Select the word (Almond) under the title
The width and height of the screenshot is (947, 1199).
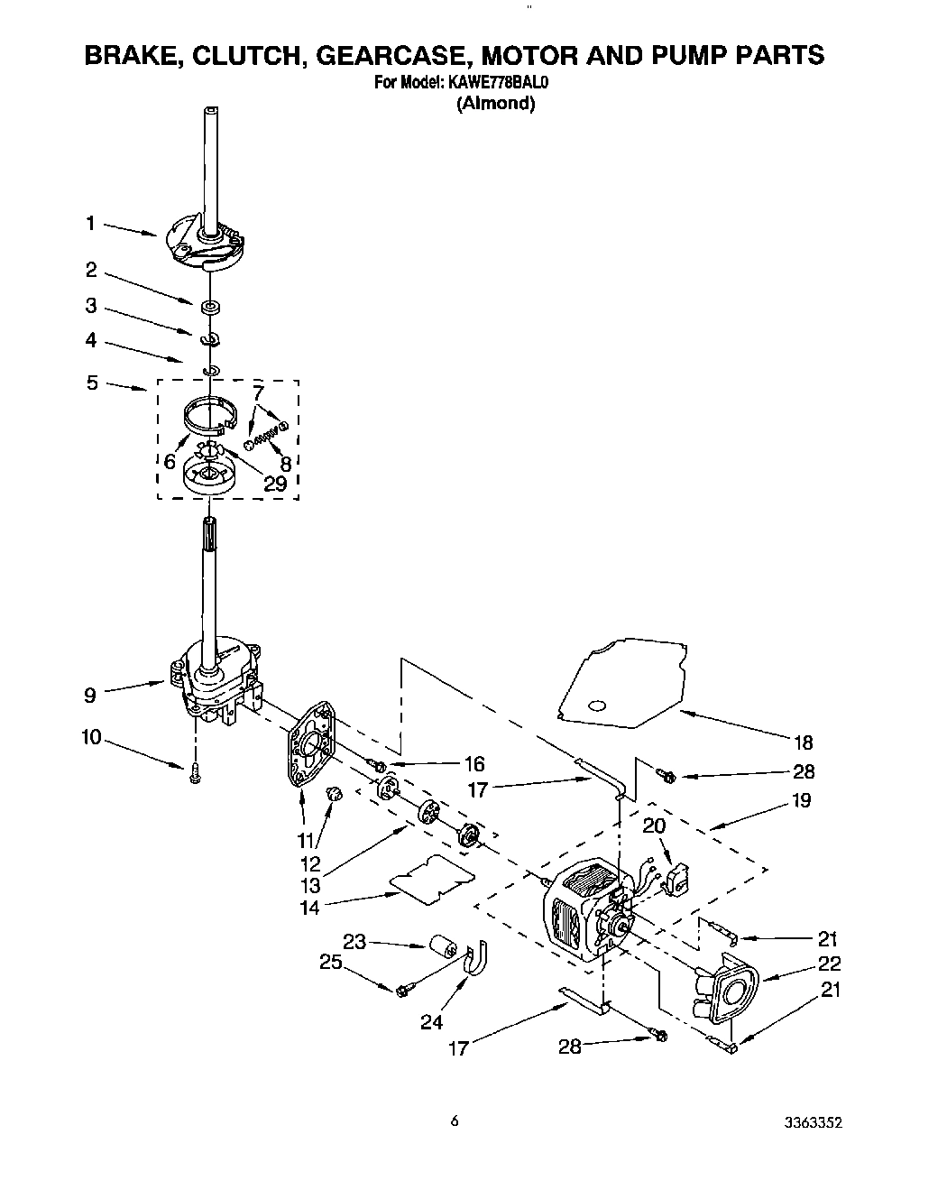click(495, 104)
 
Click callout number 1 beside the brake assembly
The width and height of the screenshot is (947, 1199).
click(90, 223)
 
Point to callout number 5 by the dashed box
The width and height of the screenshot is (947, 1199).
click(92, 383)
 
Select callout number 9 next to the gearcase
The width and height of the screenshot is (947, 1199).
click(89, 695)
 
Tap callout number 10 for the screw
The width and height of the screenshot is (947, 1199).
click(90, 738)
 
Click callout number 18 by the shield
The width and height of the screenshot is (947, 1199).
click(802, 742)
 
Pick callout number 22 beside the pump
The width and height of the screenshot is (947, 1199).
click(829, 964)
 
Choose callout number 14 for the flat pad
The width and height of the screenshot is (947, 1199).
click(309, 908)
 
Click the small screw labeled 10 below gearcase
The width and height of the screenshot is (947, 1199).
click(195, 773)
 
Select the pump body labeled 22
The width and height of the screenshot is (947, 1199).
click(728, 992)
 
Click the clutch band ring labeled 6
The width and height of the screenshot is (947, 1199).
click(208, 414)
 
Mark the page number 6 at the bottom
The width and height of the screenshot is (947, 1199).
click(455, 1121)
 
